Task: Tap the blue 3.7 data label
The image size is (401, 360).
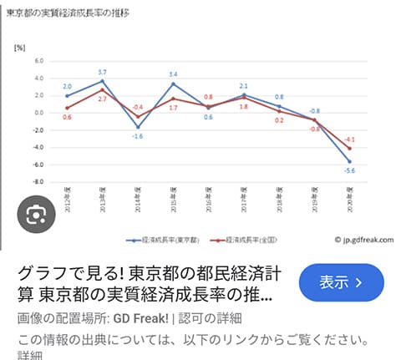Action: click(102, 73)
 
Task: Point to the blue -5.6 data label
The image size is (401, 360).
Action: click(349, 170)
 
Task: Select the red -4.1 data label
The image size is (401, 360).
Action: click(349, 139)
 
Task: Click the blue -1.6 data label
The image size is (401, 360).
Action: click(138, 135)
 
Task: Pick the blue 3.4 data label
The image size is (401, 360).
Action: click(173, 75)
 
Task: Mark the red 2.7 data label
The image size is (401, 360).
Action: click(102, 99)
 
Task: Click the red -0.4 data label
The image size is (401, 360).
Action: click(138, 107)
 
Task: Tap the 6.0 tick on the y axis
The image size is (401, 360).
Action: click(38, 61)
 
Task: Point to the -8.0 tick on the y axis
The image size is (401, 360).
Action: click(38, 182)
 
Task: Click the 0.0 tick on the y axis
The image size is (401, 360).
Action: click(38, 113)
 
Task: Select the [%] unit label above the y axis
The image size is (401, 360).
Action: click(20, 47)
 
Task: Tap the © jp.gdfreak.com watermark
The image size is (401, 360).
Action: click(361, 240)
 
